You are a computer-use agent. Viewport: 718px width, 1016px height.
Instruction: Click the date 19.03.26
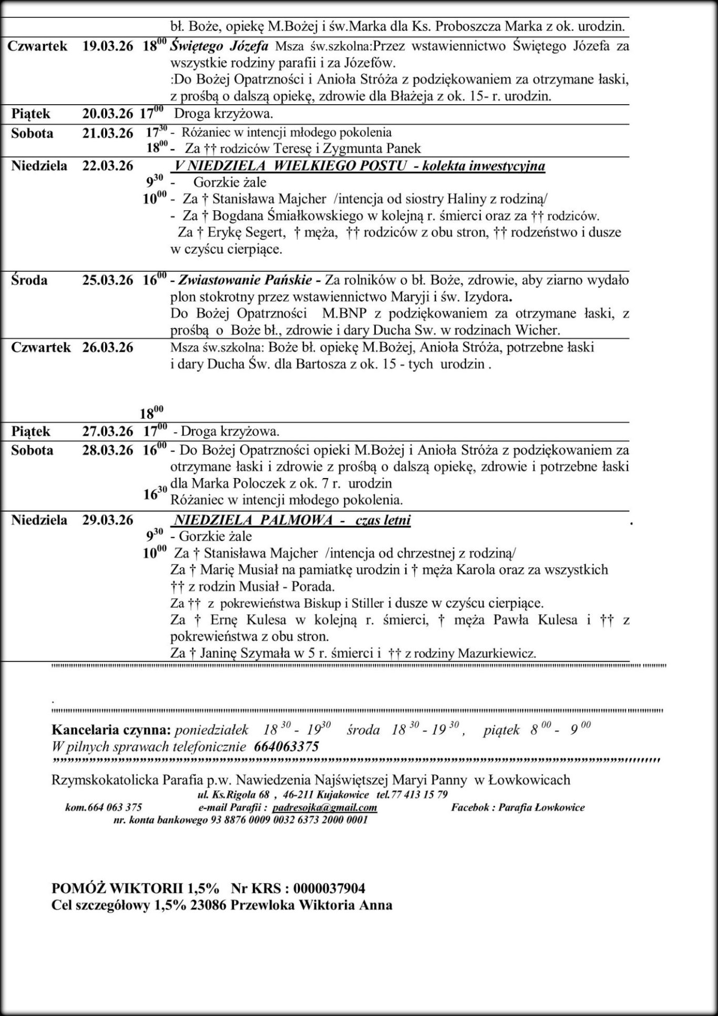point(108,46)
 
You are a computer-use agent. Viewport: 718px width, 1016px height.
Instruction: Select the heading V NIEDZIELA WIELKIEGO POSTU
point(290,166)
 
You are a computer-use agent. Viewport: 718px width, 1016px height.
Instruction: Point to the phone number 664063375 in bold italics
point(286,747)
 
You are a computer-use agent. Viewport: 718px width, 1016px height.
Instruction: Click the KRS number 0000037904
point(330,888)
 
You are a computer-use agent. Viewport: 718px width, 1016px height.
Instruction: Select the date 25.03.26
point(108,280)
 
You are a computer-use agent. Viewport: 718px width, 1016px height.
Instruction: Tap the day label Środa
point(29,280)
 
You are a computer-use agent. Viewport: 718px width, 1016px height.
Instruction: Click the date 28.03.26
point(108,451)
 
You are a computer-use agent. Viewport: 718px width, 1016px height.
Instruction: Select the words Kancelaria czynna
point(111,730)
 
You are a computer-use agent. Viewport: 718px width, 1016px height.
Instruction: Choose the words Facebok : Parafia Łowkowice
point(518,807)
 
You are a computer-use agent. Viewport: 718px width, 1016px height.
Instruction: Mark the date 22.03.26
point(108,166)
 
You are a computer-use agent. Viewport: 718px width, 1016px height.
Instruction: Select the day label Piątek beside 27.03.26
point(31,432)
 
